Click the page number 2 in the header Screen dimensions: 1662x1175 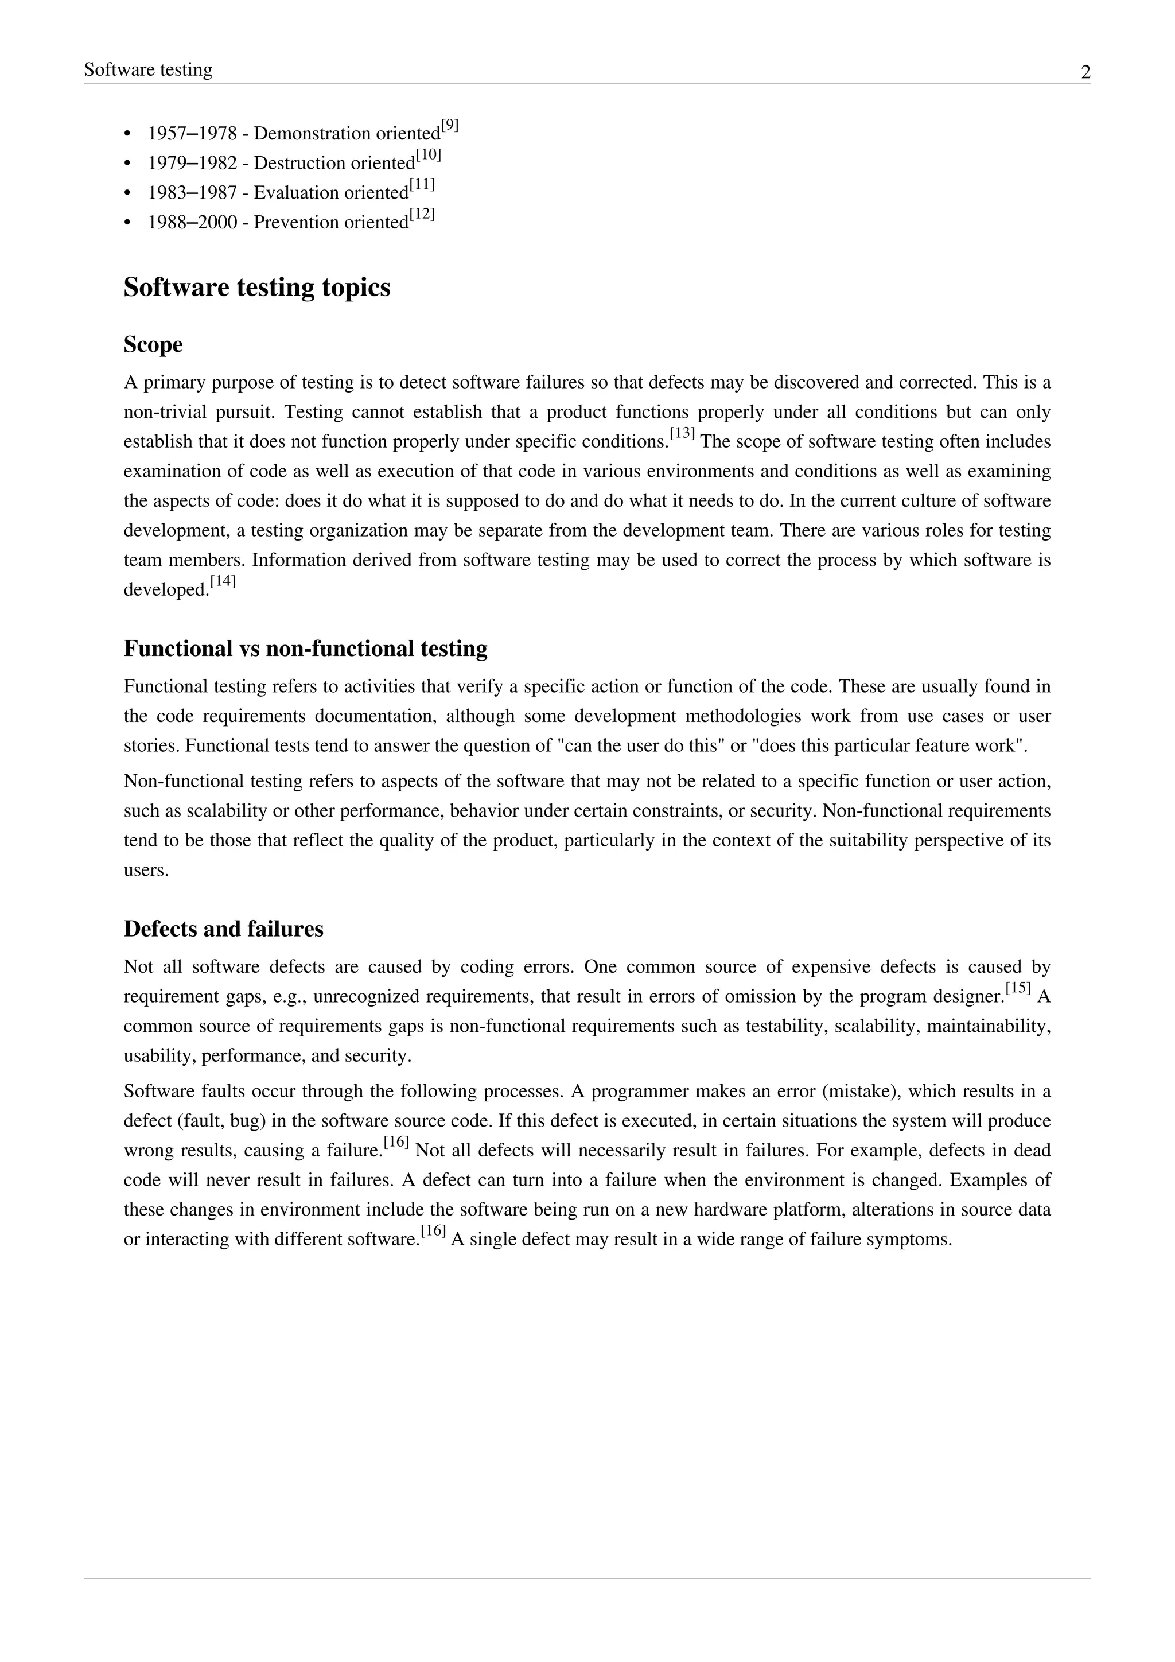pos(1085,72)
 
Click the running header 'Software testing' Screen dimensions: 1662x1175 pos(149,69)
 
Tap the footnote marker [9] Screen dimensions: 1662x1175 pos(450,126)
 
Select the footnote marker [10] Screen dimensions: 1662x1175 pos(429,156)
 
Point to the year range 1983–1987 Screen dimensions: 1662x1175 pos(192,193)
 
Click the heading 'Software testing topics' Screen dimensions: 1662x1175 pos(257,288)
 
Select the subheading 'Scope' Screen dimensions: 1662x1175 pos(153,344)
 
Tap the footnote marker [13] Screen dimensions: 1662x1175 pos(682,434)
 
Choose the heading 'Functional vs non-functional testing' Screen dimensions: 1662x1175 pos(305,648)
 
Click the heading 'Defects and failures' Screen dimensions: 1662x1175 pos(224,929)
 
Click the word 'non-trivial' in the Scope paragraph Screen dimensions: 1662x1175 pos(164,412)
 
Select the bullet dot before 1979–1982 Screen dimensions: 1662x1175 pos(128,164)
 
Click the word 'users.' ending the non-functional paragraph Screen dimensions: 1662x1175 pos(145,870)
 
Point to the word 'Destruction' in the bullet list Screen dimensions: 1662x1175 pos(297,163)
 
